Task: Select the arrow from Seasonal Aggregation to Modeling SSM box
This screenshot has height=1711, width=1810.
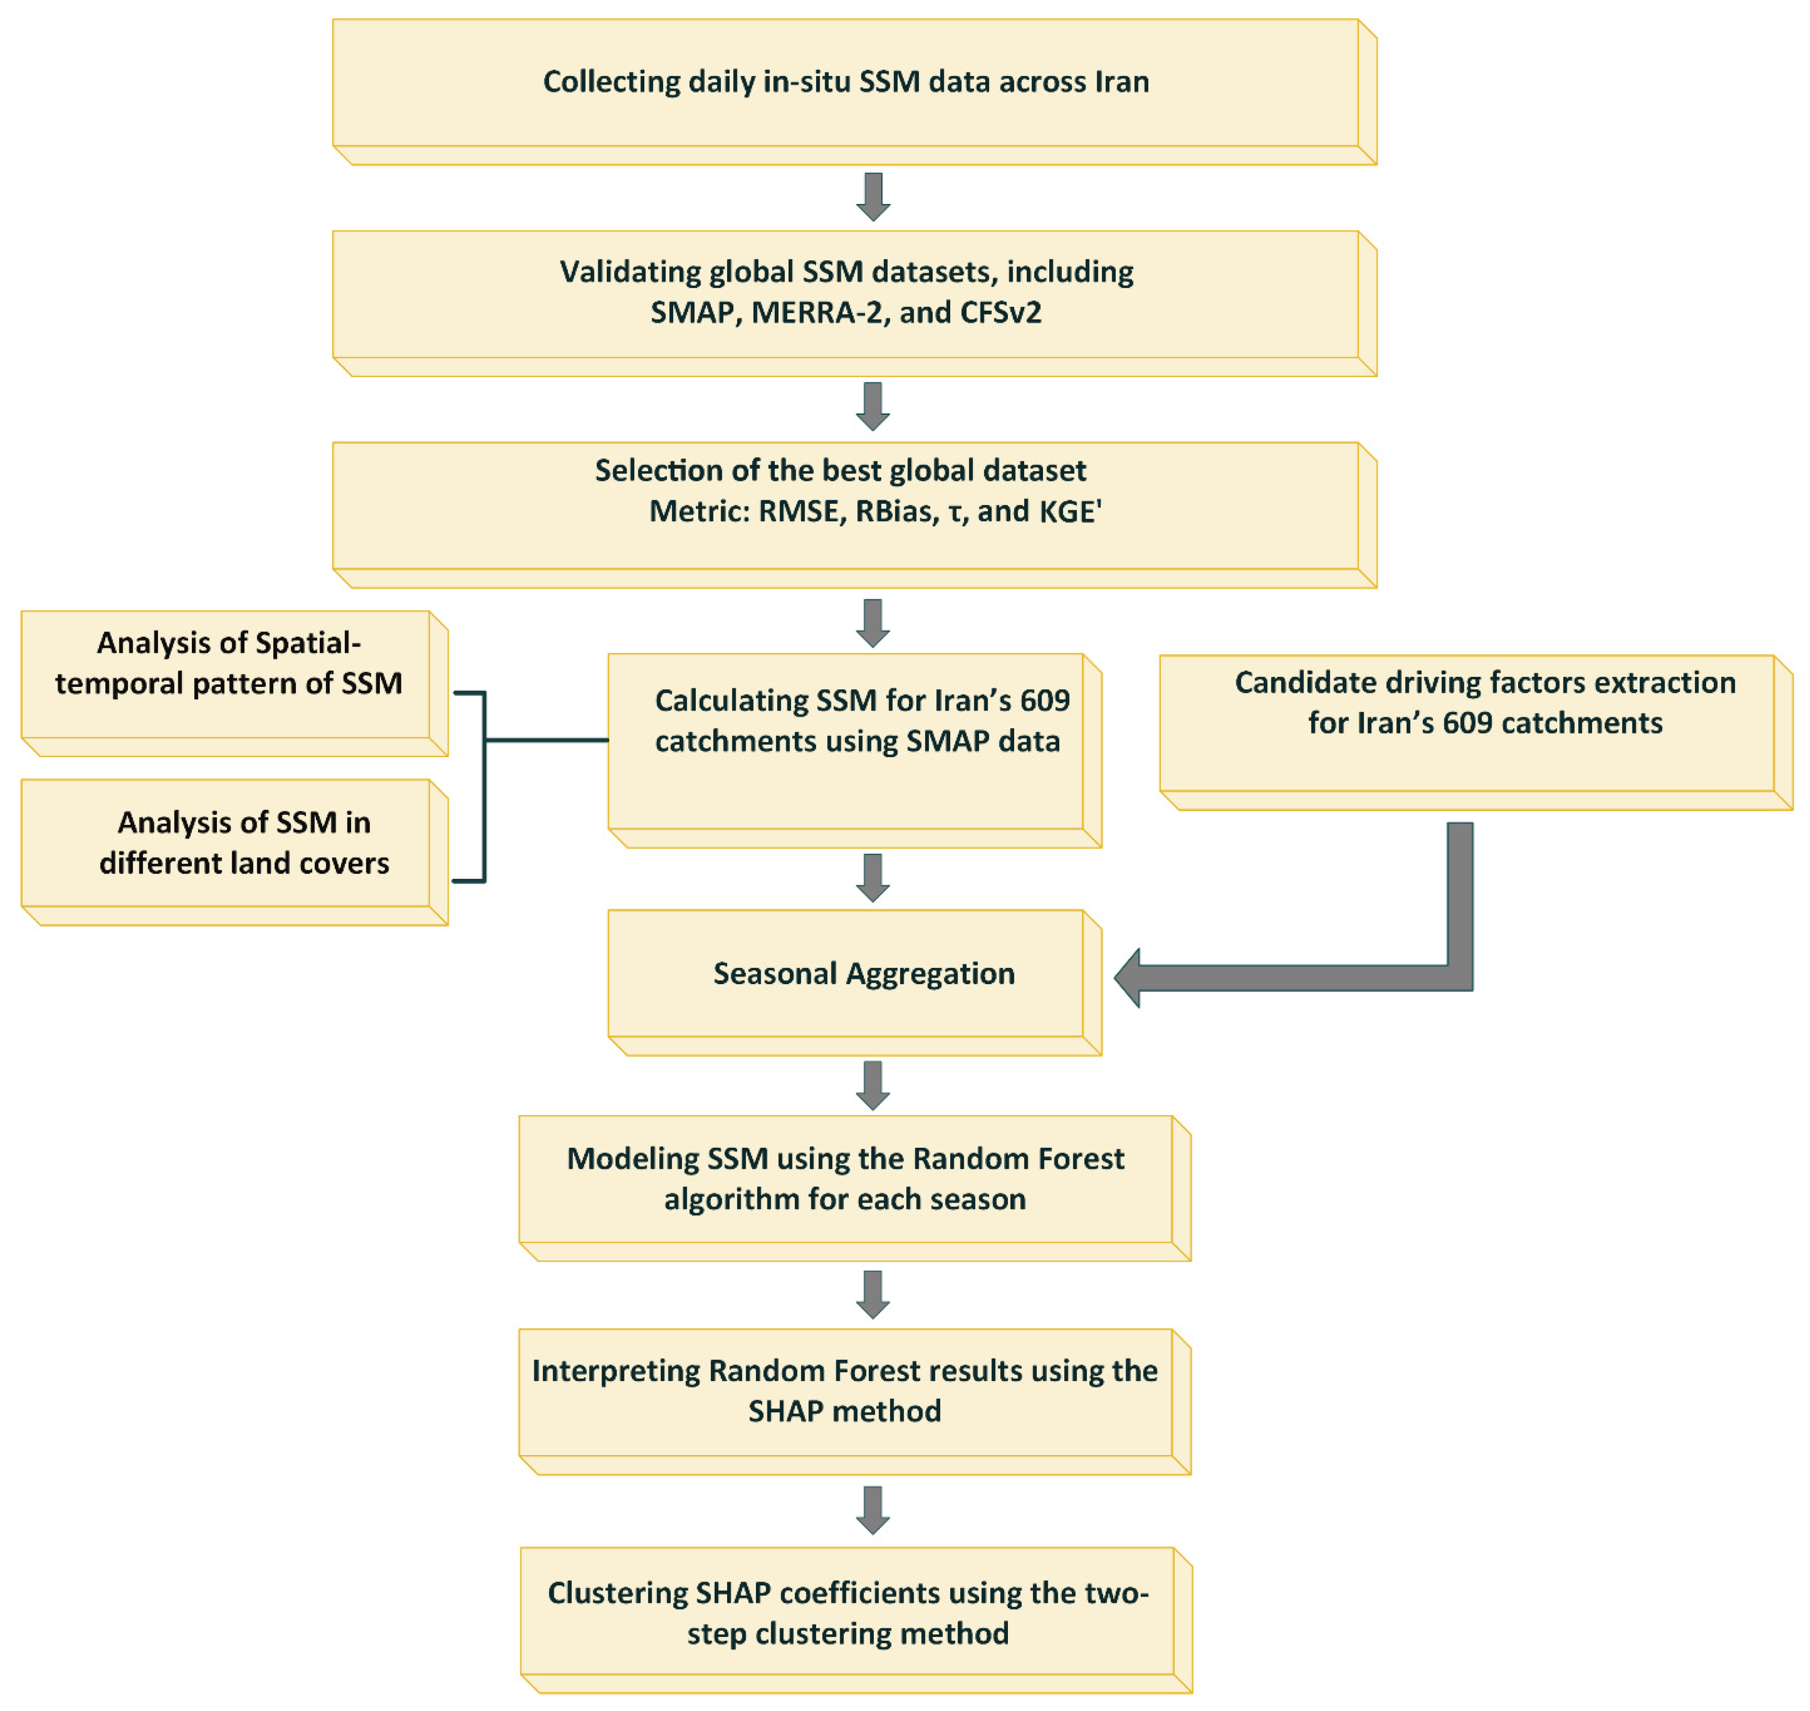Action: (x=873, y=1085)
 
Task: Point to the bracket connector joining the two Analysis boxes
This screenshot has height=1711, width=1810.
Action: (x=484, y=786)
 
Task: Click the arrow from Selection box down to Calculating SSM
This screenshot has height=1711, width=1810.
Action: (x=873, y=624)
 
